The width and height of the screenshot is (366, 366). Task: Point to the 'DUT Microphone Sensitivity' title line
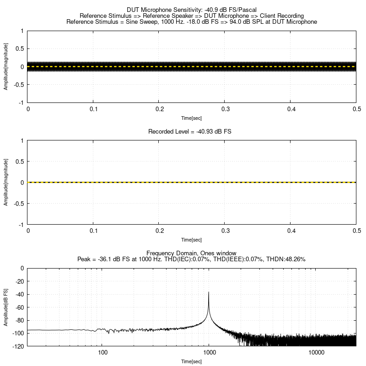click(192, 10)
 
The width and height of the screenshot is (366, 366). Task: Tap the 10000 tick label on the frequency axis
click(316, 353)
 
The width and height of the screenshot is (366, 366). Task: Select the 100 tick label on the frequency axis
click(102, 353)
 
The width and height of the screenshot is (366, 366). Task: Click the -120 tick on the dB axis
click(18, 346)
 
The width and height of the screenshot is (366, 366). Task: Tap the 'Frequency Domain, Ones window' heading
click(192, 253)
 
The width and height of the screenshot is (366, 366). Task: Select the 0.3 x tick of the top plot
click(224, 109)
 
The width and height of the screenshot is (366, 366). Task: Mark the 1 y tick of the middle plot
click(22, 140)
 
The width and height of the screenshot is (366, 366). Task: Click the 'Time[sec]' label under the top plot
click(192, 118)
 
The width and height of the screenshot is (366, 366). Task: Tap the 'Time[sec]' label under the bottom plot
click(192, 361)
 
